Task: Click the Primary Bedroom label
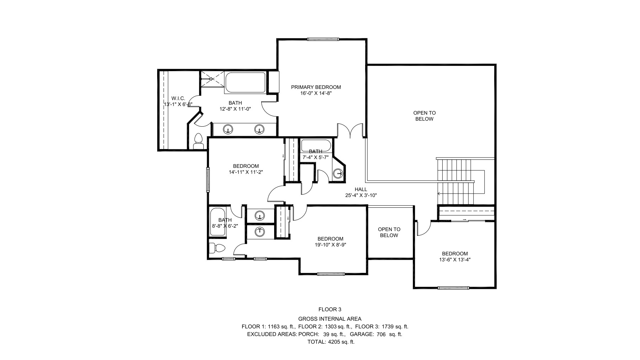pos(316,87)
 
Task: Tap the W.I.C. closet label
pos(178,98)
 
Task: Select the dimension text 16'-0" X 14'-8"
pos(316,94)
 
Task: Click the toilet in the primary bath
pos(198,142)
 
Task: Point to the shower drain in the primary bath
pos(211,79)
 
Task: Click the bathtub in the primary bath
pos(245,83)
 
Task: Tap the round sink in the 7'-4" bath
pos(338,173)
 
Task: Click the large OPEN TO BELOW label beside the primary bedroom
pos(424,116)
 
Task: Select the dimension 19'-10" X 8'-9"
pos(330,245)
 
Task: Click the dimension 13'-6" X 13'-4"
pos(455,260)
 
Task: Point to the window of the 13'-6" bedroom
pos(453,288)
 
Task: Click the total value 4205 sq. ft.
pos(341,342)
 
